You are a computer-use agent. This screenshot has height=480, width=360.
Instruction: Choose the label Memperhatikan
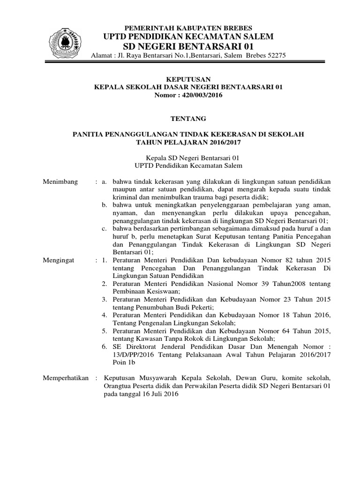(x=66, y=378)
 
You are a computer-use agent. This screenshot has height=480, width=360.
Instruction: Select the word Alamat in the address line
(x=102, y=55)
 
